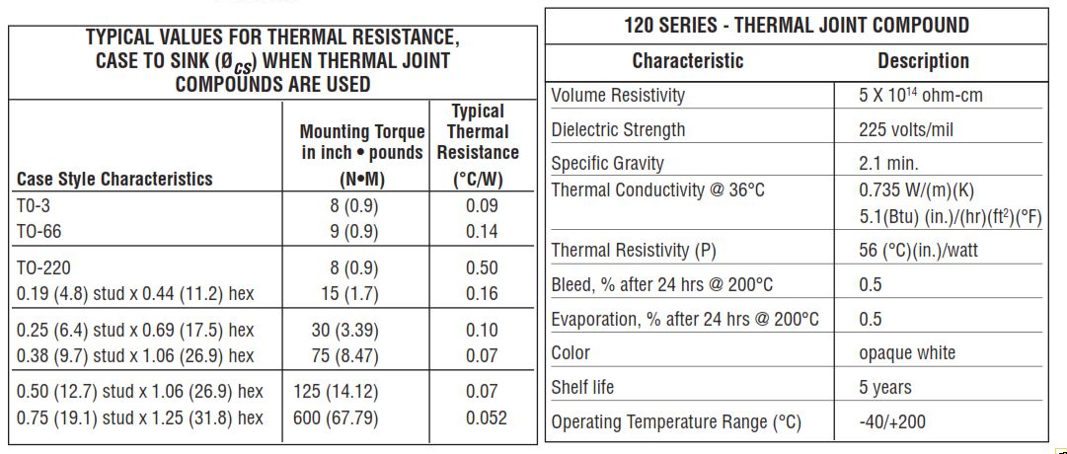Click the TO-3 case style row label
tap(35, 206)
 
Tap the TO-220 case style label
tap(43, 267)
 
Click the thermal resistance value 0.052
tap(486, 417)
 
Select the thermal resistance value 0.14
tap(482, 232)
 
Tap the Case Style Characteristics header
tap(114, 179)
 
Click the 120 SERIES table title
tap(797, 25)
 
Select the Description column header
tap(923, 61)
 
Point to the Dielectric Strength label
tap(618, 129)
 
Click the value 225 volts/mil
tap(906, 129)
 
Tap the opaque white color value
tap(907, 353)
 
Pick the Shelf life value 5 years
tap(885, 388)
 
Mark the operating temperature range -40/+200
tap(892, 422)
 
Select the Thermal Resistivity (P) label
tap(634, 251)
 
